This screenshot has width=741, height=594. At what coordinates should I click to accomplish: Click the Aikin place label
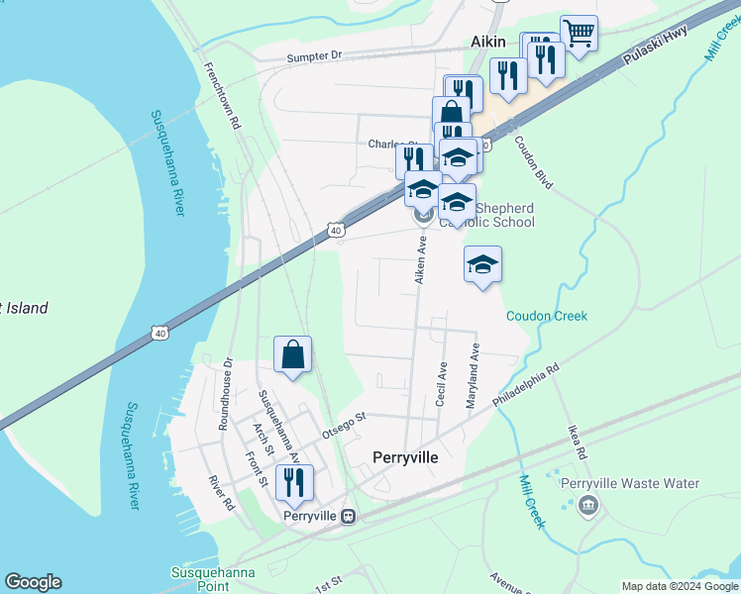(x=487, y=42)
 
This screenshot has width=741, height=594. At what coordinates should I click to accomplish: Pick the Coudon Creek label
(x=547, y=316)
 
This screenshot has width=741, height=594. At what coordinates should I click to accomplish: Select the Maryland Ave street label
(x=473, y=376)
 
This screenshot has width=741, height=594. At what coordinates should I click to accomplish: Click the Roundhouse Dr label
(x=225, y=394)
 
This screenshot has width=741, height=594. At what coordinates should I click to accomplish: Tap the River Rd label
(x=221, y=491)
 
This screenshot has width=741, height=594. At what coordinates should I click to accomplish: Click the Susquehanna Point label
(x=213, y=579)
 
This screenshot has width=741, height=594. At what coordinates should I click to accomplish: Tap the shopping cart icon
(x=578, y=33)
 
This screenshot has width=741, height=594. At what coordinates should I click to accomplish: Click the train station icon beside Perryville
(x=348, y=516)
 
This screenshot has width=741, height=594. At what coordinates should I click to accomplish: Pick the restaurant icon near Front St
(x=293, y=483)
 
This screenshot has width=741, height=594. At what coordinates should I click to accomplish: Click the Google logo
(x=33, y=582)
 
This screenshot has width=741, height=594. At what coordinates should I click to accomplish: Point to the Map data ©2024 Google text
(x=679, y=586)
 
